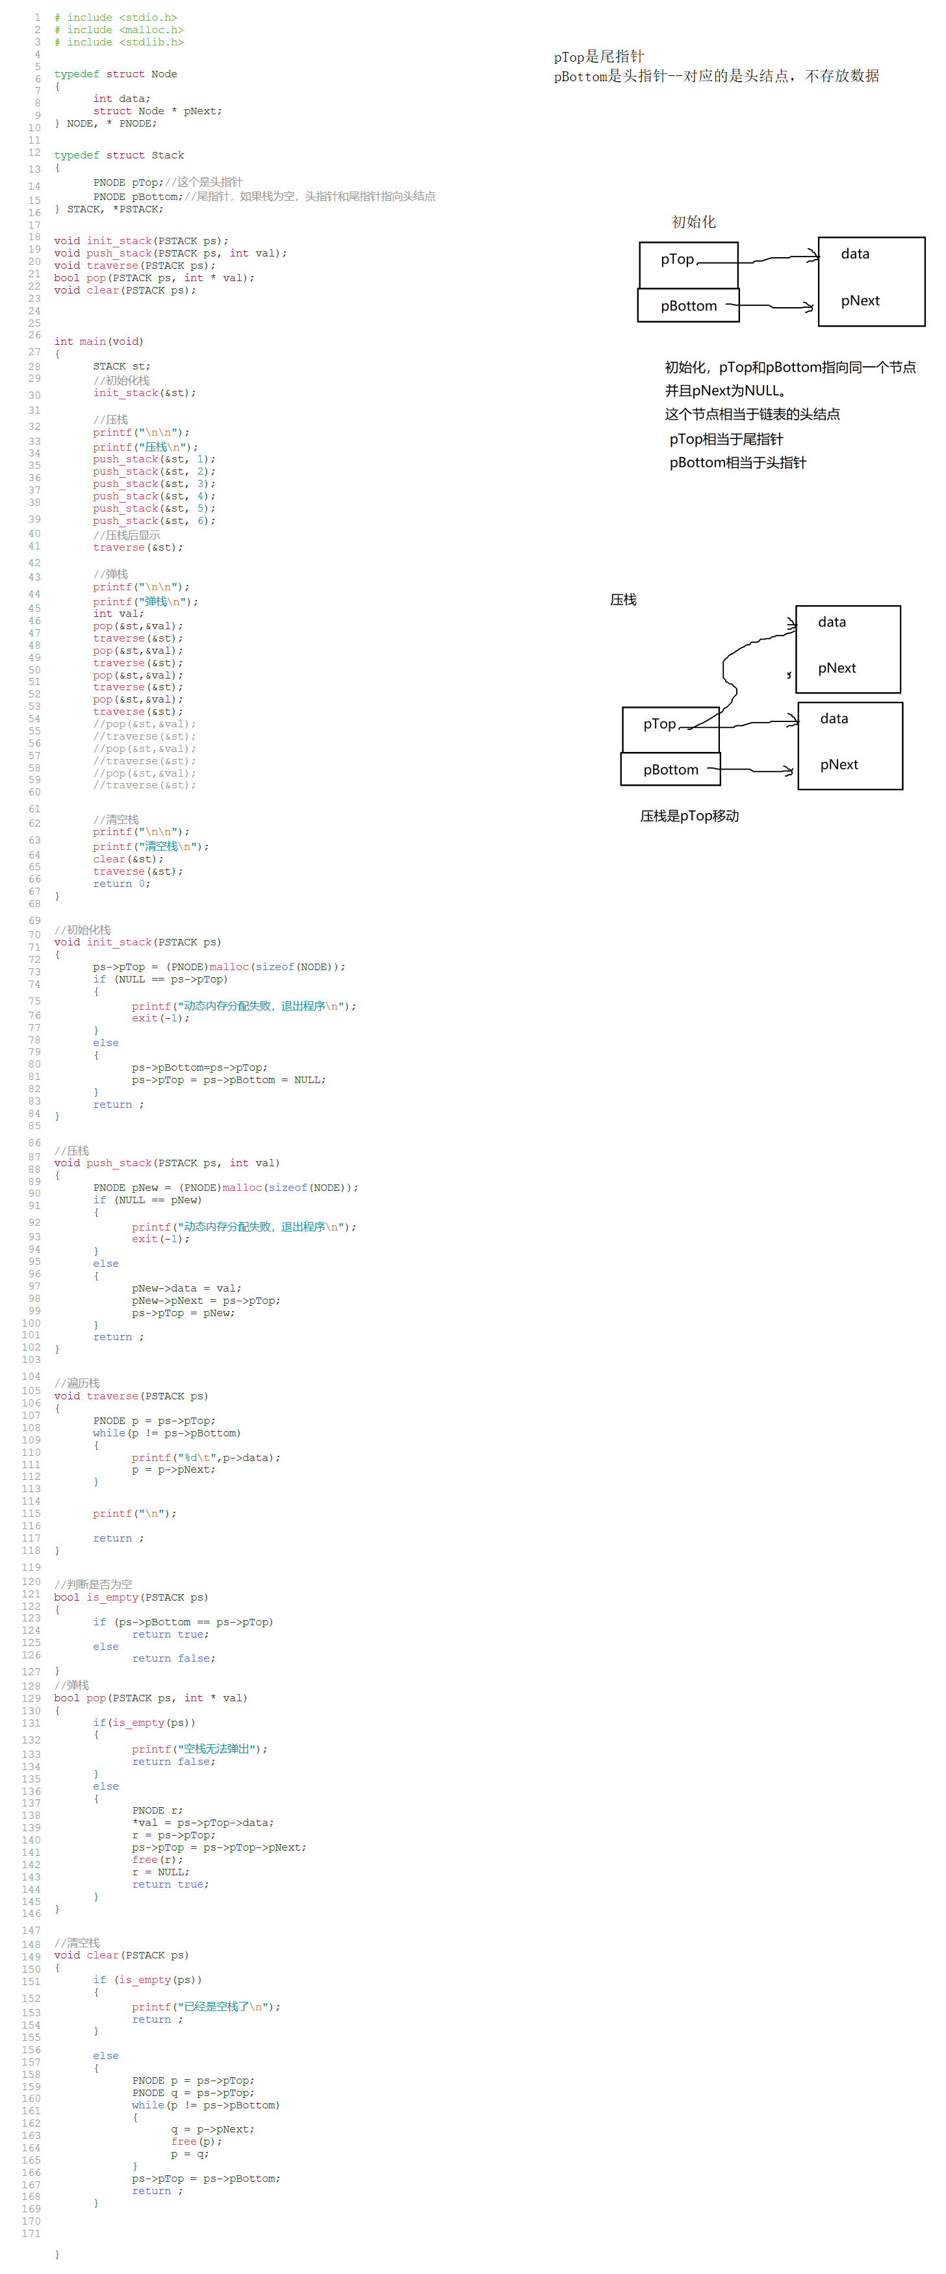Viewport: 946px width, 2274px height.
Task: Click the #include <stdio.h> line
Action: click(x=116, y=18)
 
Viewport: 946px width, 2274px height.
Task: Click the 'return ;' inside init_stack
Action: click(x=118, y=1105)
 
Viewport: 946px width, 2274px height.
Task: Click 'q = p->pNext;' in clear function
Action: click(x=212, y=2129)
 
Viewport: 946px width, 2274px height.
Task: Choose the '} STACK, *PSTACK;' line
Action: click(x=109, y=209)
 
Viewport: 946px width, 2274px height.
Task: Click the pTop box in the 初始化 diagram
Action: click(x=688, y=264)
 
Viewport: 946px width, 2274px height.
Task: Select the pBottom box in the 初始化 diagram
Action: click(x=688, y=305)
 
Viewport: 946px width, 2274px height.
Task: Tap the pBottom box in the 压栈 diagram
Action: click(x=671, y=769)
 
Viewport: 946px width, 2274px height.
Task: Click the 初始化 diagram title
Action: click(x=693, y=221)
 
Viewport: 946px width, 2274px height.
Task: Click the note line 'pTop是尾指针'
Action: click(x=599, y=56)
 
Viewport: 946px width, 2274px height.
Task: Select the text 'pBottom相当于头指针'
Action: click(x=737, y=462)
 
